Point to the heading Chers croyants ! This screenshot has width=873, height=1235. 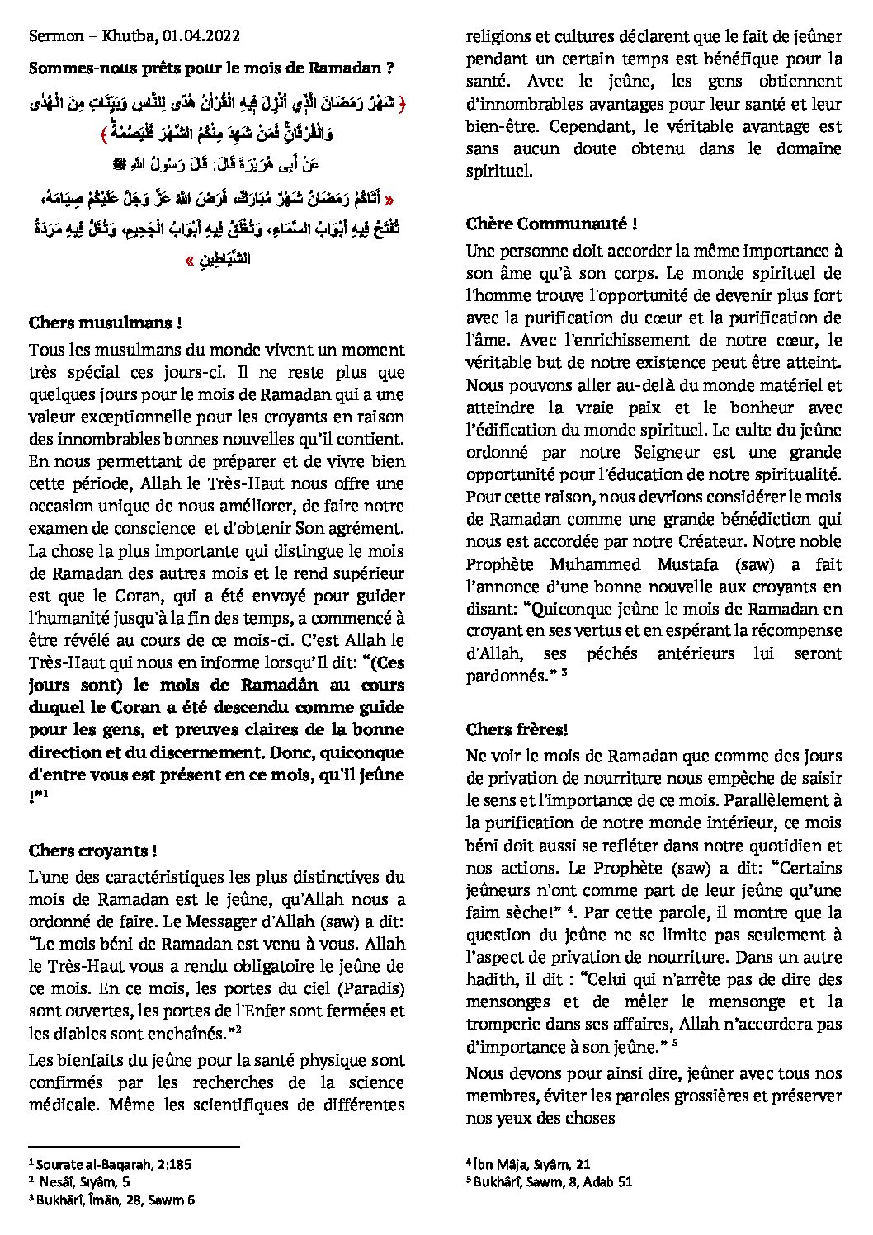(x=92, y=850)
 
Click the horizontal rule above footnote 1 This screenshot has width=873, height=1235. (x=134, y=1146)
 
